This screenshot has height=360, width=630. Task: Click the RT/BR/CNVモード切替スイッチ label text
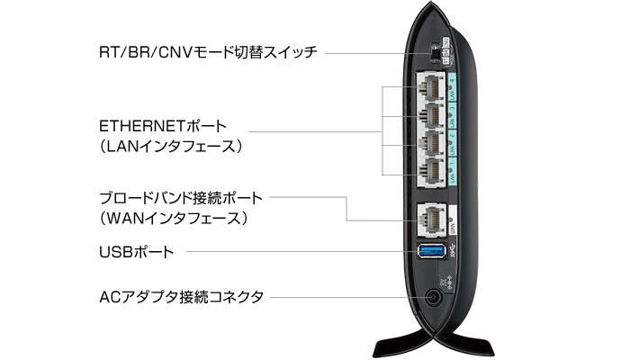pyautogui.click(x=208, y=52)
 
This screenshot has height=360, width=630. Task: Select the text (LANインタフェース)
pyautogui.click(x=171, y=144)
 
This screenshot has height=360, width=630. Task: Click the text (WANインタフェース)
pyautogui.click(x=174, y=218)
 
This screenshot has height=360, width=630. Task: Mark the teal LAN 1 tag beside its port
pyautogui.click(x=454, y=170)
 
